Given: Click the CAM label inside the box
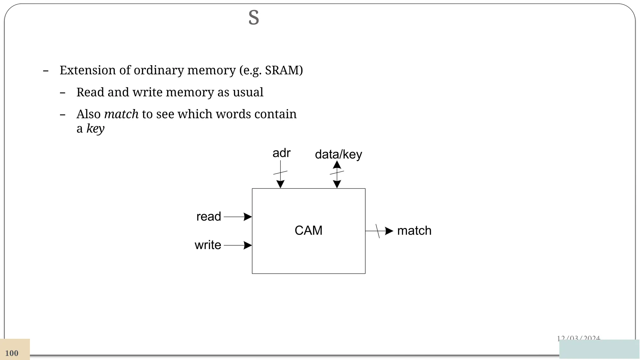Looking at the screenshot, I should pyautogui.click(x=308, y=231).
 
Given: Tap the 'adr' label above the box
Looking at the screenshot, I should pyautogui.click(x=281, y=153).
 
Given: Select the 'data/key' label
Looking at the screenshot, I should pyautogui.click(x=338, y=154).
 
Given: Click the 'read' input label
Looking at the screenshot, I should pyautogui.click(x=208, y=217).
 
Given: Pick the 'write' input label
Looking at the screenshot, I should pyautogui.click(x=208, y=245).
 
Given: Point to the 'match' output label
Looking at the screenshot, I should pyautogui.click(x=414, y=231).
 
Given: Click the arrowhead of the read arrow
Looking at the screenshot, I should pyautogui.click(x=248, y=217).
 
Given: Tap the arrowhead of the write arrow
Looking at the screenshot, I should pyautogui.click(x=248, y=245).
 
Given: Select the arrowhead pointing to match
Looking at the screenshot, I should pyautogui.click(x=389, y=231).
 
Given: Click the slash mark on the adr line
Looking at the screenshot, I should pyautogui.click(x=280, y=172).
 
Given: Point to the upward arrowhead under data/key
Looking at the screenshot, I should pyautogui.click(x=337, y=165).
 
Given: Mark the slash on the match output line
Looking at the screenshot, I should pyautogui.click(x=377, y=231).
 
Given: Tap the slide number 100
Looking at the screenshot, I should pyautogui.click(x=12, y=353).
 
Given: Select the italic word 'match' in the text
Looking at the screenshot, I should pyautogui.click(x=121, y=114).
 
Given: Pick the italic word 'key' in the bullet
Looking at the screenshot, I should pyautogui.click(x=95, y=129).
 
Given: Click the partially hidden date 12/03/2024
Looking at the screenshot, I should pyautogui.click(x=578, y=338).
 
